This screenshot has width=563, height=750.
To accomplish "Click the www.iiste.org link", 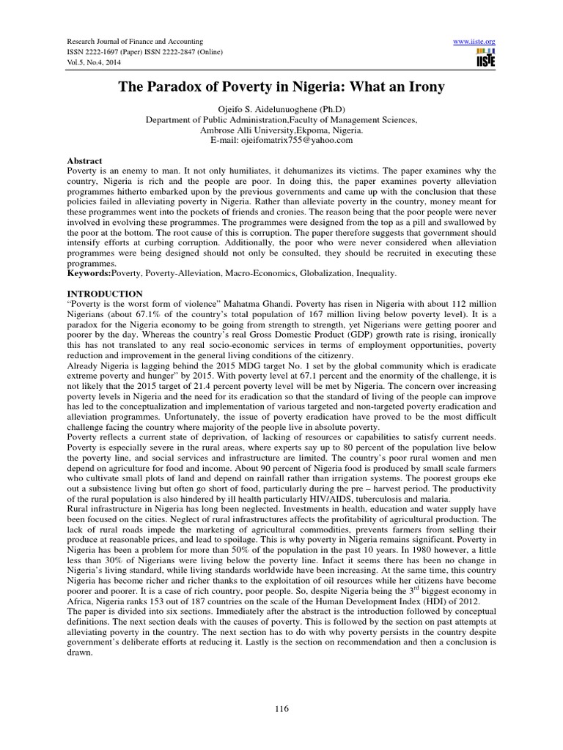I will point(475,41).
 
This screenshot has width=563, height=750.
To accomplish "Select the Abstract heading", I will point(84,160).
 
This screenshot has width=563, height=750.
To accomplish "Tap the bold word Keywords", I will point(87,273).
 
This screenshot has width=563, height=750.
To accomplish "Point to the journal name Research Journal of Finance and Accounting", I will point(135,41).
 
